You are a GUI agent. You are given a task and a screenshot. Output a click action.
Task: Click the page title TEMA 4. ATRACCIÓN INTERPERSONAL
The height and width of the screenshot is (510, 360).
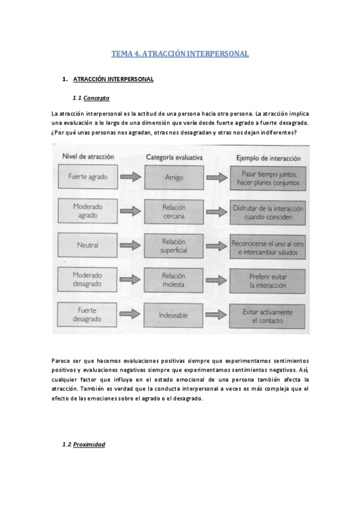pyautogui.click(x=180, y=54)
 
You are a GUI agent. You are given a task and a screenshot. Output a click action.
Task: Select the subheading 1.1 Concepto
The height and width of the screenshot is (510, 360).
pyautogui.click(x=91, y=98)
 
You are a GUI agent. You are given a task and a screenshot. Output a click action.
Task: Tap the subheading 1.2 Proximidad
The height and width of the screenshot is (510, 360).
pyautogui.click(x=84, y=444)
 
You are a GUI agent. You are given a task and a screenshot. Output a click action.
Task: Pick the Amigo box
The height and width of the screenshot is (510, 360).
pyautogui.click(x=174, y=177)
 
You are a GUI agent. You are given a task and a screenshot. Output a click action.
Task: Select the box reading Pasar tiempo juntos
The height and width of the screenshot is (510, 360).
pyautogui.click(x=268, y=177)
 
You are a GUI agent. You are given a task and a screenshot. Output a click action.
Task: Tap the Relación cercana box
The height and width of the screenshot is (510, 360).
pyautogui.click(x=174, y=211)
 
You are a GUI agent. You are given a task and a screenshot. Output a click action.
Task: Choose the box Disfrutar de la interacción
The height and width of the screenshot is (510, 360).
pyautogui.click(x=268, y=212)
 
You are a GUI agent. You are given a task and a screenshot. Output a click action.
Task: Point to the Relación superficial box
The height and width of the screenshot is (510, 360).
pyautogui.click(x=174, y=245)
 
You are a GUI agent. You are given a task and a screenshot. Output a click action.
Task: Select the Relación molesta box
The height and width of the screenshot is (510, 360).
pyautogui.click(x=174, y=280)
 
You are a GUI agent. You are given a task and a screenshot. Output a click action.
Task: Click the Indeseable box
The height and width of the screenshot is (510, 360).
pyautogui.click(x=174, y=315)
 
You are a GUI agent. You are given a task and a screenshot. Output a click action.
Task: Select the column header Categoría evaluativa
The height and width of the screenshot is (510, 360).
pyautogui.click(x=174, y=157)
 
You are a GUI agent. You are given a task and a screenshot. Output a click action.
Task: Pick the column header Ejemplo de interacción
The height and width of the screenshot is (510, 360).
pyautogui.click(x=267, y=157)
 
